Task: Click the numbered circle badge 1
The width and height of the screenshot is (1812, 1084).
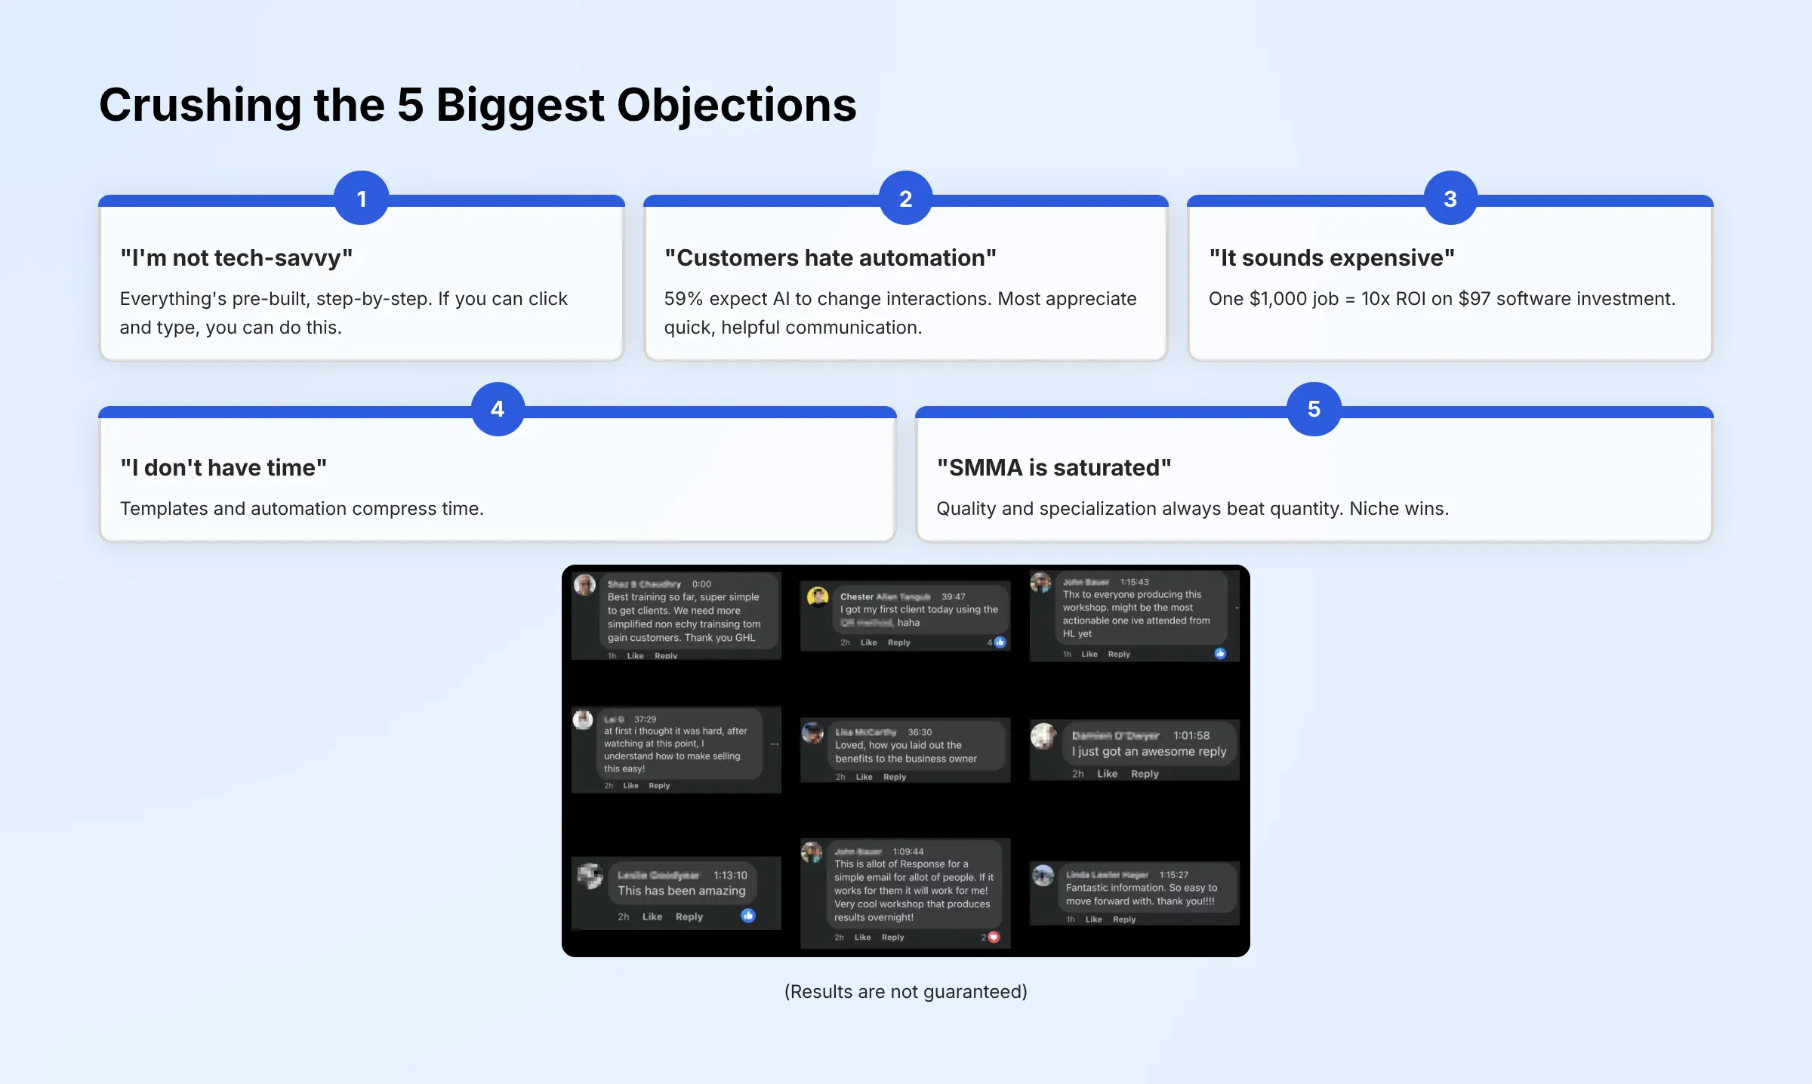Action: [362, 199]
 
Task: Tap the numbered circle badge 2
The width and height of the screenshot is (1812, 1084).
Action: [906, 199]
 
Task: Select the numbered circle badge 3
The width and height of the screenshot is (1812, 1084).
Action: [1450, 199]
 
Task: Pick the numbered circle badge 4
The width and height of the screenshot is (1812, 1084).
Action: [498, 409]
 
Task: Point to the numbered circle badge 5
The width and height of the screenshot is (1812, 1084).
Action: [1314, 409]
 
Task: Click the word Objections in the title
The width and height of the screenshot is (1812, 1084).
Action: [737, 105]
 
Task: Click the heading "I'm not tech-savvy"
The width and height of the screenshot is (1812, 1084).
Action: [236, 258]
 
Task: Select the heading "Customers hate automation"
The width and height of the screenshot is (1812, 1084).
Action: [830, 258]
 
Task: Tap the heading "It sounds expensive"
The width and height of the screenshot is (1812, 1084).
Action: [1332, 258]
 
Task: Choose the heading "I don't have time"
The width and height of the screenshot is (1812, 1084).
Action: [223, 468]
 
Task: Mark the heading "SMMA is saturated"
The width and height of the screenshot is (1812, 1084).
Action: [1054, 468]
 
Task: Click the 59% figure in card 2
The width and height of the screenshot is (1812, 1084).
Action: [683, 299]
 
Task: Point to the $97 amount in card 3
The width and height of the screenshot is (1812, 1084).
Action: [1475, 299]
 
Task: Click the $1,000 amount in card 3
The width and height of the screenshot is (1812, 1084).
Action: [1278, 299]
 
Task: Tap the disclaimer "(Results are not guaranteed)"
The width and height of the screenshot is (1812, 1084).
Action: [906, 992]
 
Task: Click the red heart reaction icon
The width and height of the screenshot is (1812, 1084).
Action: [994, 938]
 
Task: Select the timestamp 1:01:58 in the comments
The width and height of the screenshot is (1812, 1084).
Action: [1191, 735]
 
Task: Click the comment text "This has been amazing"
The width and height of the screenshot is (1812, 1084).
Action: [682, 891]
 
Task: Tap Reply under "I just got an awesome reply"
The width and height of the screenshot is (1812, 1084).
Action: [1145, 774]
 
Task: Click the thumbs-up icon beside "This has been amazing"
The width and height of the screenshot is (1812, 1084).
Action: [748, 916]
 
